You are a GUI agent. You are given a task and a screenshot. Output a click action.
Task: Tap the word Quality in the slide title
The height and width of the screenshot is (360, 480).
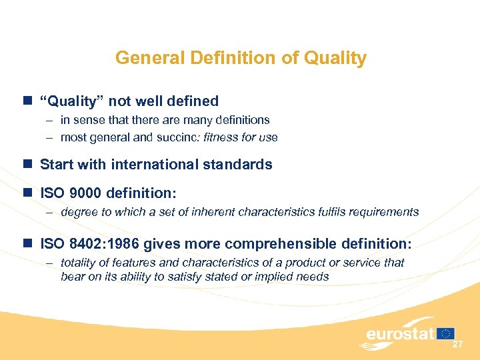(335, 59)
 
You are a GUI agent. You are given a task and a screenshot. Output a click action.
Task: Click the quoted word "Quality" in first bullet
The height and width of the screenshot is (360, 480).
(72, 101)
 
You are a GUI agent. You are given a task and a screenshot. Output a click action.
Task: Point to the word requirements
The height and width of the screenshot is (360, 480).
(385, 212)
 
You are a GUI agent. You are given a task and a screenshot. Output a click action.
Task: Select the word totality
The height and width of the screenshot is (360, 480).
(79, 263)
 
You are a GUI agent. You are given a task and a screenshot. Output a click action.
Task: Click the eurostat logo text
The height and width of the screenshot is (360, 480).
(399, 333)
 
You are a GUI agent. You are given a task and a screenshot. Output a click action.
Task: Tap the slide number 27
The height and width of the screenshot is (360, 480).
(457, 344)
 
